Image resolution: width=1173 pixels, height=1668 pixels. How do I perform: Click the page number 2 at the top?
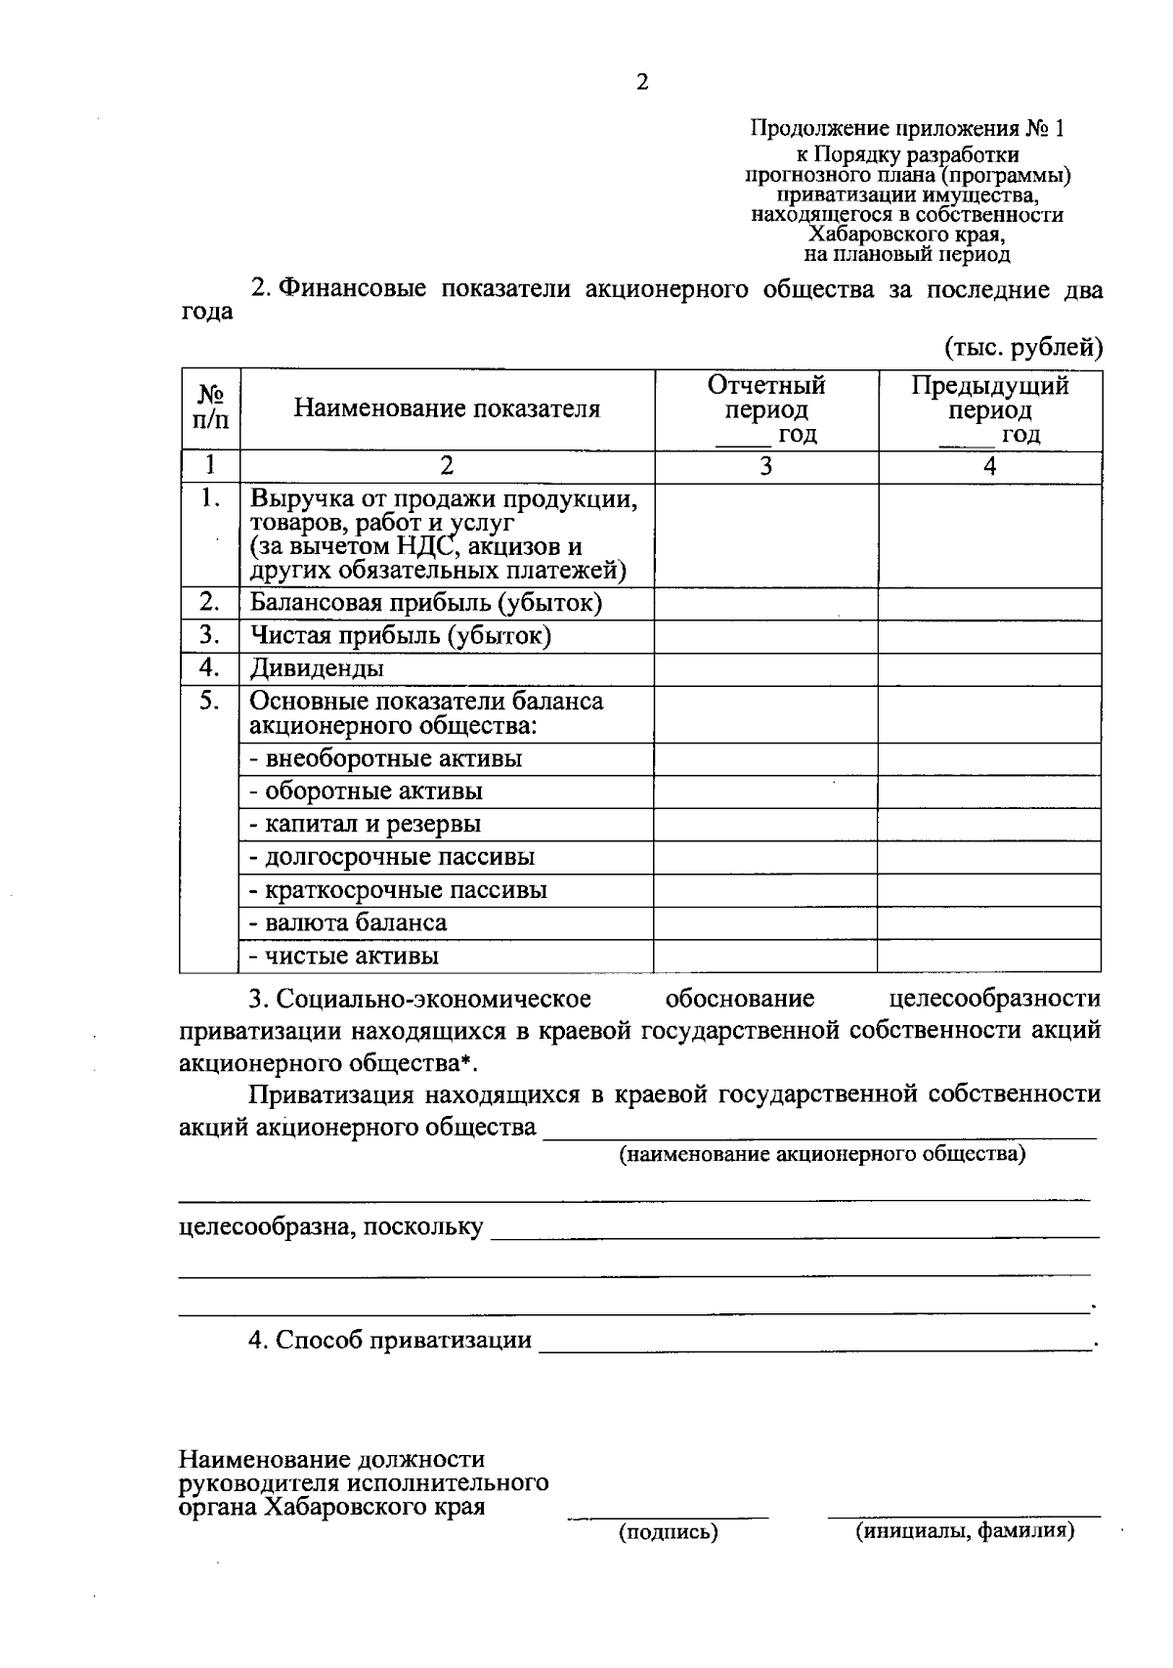click(642, 83)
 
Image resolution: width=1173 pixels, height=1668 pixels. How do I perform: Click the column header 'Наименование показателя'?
click(447, 408)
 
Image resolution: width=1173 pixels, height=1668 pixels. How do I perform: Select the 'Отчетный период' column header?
click(766, 409)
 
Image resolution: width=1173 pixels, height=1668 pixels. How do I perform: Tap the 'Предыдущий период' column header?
click(989, 409)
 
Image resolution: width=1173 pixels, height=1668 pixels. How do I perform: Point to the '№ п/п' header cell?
click(210, 408)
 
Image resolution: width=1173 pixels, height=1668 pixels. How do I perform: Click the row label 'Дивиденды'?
click(317, 668)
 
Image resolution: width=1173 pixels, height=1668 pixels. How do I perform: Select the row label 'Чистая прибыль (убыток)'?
click(401, 636)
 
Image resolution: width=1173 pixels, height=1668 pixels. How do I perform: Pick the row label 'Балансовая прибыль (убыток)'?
click(425, 603)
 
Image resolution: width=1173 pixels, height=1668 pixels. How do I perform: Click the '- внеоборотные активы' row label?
click(386, 758)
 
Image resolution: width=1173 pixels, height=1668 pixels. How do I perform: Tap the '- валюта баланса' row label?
click(348, 922)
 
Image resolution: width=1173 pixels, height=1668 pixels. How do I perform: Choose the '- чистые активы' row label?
click(344, 956)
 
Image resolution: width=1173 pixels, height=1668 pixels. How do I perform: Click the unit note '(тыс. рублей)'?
click(1023, 346)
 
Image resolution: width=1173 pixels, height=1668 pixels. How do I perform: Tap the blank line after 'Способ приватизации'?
click(816, 1341)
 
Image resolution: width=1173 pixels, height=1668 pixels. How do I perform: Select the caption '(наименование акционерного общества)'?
click(822, 1154)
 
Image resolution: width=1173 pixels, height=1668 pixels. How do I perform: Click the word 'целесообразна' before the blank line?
click(267, 1227)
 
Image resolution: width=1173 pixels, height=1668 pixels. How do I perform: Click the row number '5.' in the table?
click(209, 701)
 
